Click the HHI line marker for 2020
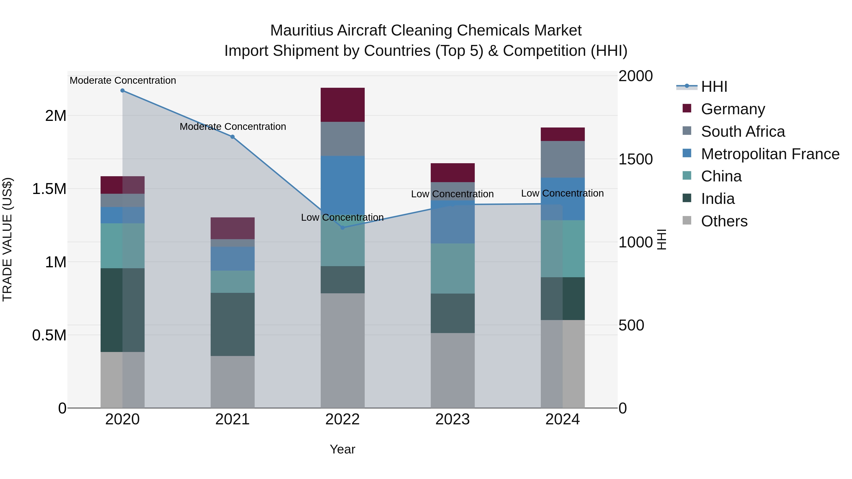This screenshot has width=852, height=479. [x=122, y=91]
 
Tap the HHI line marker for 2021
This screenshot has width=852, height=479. [x=232, y=137]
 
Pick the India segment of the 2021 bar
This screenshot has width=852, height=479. [x=232, y=324]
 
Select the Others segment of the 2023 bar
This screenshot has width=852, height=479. [x=453, y=370]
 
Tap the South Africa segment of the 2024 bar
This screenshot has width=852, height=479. [x=563, y=159]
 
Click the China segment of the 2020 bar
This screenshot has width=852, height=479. [x=122, y=246]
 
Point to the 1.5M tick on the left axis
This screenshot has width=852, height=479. [x=49, y=189]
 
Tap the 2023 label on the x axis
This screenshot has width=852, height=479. [x=453, y=419]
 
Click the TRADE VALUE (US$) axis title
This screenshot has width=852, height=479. [x=7, y=239]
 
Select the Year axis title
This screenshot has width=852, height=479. [x=342, y=449]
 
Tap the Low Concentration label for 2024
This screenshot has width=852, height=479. [x=562, y=193]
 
